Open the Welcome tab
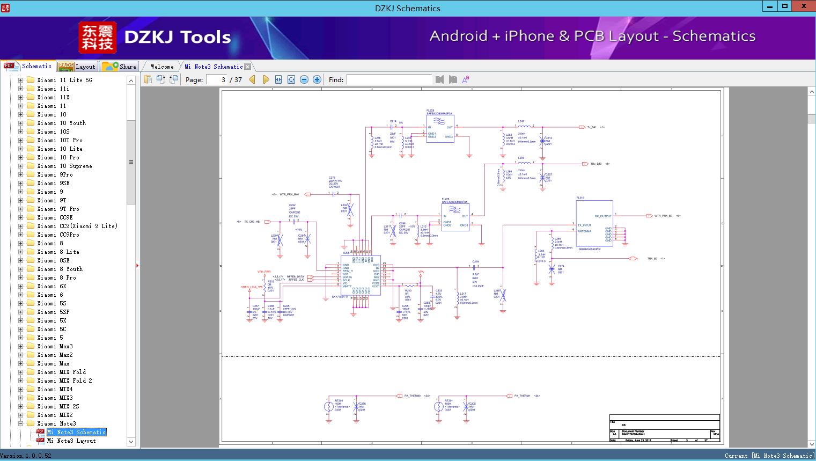click(x=162, y=67)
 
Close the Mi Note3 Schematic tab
click(x=248, y=67)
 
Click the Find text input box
click(x=389, y=79)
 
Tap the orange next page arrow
click(x=266, y=79)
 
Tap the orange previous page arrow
click(x=252, y=79)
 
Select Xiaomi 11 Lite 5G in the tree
click(x=64, y=80)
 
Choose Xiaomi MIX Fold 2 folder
click(x=64, y=380)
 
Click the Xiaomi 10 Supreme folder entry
click(x=64, y=166)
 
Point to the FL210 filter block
click(x=594, y=224)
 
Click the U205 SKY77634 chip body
click(x=361, y=275)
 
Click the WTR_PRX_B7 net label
click(x=663, y=216)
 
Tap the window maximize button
click(x=785, y=6)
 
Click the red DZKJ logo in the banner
click(x=98, y=38)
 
